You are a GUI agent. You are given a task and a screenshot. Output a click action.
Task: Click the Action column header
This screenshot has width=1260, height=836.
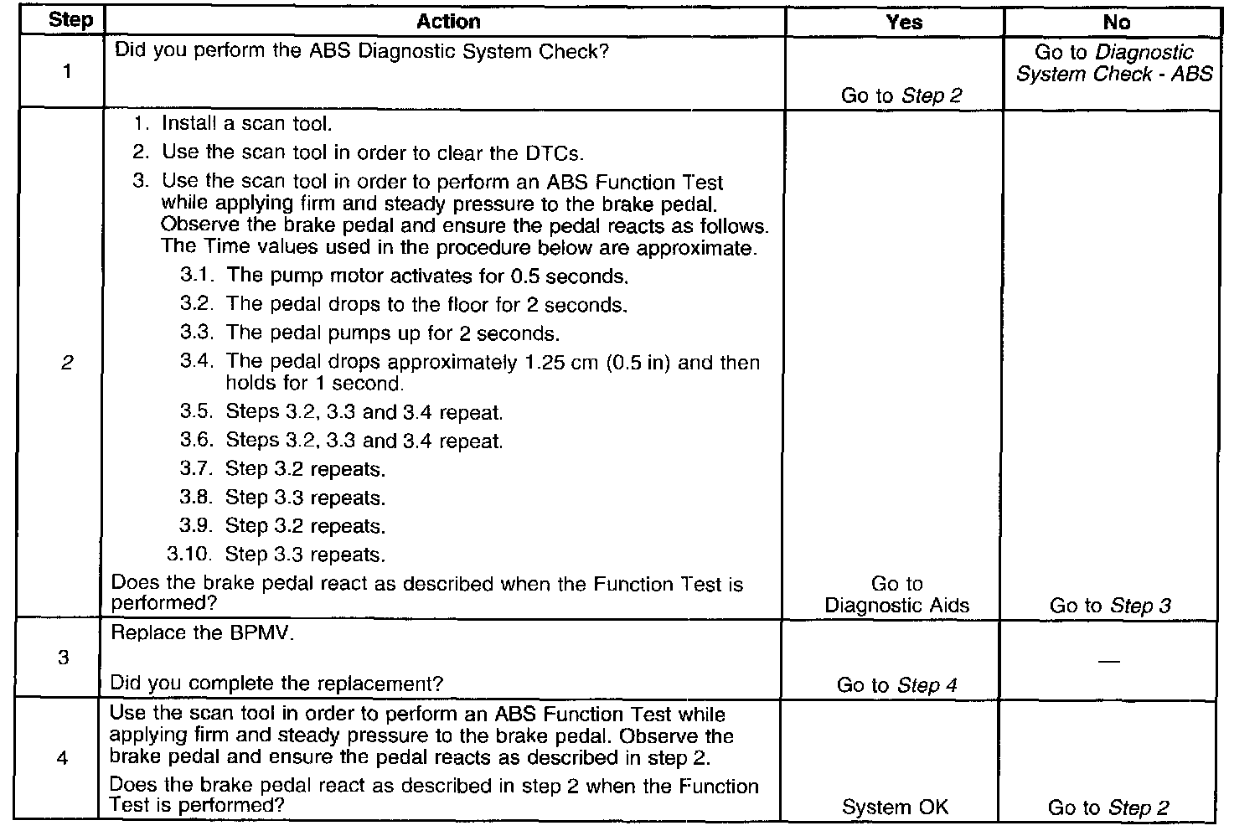tap(448, 22)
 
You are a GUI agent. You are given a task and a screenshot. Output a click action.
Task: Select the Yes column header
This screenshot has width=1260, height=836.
tap(903, 23)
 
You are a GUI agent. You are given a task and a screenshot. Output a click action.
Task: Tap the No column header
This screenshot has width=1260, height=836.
tap(1116, 23)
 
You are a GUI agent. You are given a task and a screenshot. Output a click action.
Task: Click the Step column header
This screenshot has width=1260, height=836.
tap(70, 20)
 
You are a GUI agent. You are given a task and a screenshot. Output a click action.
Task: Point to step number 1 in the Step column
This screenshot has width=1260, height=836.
tap(66, 72)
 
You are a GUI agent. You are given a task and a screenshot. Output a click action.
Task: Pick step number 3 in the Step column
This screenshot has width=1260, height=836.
tap(64, 658)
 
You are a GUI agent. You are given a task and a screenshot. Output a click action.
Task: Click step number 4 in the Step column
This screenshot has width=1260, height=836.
tap(63, 758)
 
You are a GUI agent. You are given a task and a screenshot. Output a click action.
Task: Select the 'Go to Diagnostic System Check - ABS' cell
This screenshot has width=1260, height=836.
tap(1113, 63)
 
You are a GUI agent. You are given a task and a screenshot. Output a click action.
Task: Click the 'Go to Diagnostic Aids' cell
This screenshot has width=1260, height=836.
tap(896, 595)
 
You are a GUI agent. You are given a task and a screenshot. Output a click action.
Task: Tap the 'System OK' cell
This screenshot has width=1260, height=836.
tap(895, 808)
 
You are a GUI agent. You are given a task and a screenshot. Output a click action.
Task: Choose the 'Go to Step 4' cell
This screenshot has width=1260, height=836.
tap(896, 685)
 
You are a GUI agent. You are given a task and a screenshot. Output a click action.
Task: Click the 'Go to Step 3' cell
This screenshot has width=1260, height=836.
tap(1110, 606)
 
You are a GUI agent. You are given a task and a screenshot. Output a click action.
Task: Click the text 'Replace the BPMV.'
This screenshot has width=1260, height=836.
tap(203, 633)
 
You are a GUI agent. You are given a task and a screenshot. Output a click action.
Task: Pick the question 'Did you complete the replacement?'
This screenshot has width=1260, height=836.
tap(276, 684)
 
